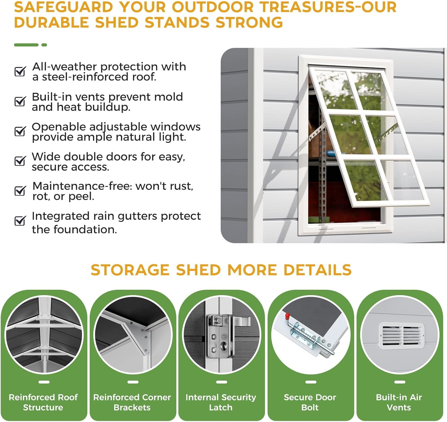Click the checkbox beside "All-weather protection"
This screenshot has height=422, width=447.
click(20, 71)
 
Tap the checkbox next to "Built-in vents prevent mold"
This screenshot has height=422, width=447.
click(20, 101)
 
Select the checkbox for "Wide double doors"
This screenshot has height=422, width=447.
click(20, 161)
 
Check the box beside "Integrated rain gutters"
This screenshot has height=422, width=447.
click(20, 221)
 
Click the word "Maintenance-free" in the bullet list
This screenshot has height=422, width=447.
click(82, 186)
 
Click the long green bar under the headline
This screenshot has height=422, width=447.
click(26, 45)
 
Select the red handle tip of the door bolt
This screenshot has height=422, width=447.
click(287, 315)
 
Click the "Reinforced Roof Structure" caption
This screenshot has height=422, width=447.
click(43, 402)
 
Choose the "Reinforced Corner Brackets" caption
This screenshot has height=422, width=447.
click(132, 402)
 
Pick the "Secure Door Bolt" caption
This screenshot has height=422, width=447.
click(310, 402)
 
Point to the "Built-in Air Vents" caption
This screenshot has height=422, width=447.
click(399, 402)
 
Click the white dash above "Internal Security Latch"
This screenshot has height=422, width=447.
click(221, 382)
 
